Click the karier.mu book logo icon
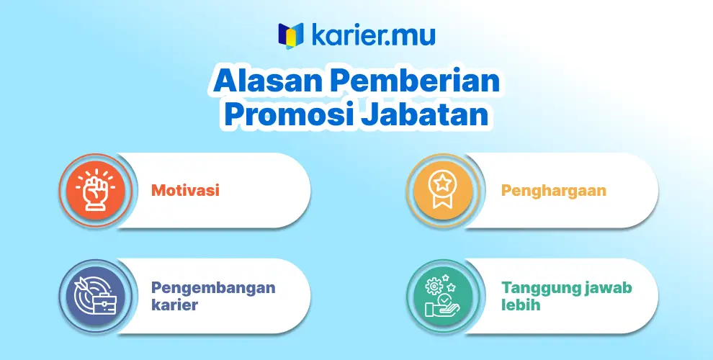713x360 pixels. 290,35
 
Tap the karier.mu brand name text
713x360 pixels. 373,35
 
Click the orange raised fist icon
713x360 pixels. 96,190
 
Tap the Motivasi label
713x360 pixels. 185,190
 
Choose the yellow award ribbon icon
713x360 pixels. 442,190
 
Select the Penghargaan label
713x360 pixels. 553,191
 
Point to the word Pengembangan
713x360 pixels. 213,288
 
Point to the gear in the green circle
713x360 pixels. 434,286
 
